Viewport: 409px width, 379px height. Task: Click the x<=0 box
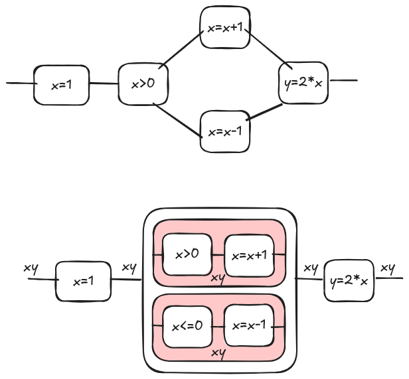(187, 327)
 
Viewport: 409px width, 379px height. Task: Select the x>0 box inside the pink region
(187, 254)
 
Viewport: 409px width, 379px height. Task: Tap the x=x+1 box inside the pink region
(249, 255)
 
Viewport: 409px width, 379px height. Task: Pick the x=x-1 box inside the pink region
(249, 325)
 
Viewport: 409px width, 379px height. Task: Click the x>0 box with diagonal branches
(143, 83)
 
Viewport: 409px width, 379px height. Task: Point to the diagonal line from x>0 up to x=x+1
(181, 50)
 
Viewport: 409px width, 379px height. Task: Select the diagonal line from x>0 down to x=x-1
(178, 120)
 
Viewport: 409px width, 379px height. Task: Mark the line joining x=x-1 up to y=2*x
(264, 112)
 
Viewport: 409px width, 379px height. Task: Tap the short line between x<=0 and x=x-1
(218, 327)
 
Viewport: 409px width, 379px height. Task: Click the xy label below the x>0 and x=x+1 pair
(218, 279)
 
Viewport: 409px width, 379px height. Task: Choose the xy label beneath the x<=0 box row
(218, 354)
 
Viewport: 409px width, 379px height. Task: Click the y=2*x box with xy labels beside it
(349, 281)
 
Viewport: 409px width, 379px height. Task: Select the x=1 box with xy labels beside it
(83, 282)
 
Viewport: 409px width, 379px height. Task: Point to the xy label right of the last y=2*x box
(388, 268)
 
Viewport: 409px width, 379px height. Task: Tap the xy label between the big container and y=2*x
(311, 268)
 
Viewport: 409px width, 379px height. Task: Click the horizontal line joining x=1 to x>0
(104, 83)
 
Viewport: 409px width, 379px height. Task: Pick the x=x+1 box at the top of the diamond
(225, 27)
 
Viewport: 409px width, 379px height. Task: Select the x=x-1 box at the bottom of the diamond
(225, 131)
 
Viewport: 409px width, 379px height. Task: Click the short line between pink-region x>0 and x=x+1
(218, 255)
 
